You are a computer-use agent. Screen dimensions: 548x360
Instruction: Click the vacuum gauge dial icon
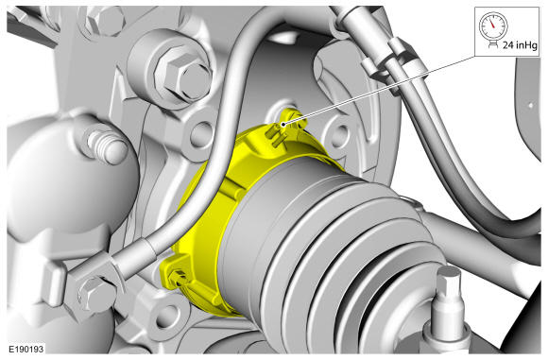[x=493, y=26]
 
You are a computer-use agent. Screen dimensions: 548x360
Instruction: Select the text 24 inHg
[x=520, y=45]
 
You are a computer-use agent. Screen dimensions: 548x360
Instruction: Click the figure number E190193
[x=26, y=350]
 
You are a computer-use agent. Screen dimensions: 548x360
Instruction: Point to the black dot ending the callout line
[x=283, y=124]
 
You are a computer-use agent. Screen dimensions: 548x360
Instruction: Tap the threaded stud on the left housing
[x=106, y=146]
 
